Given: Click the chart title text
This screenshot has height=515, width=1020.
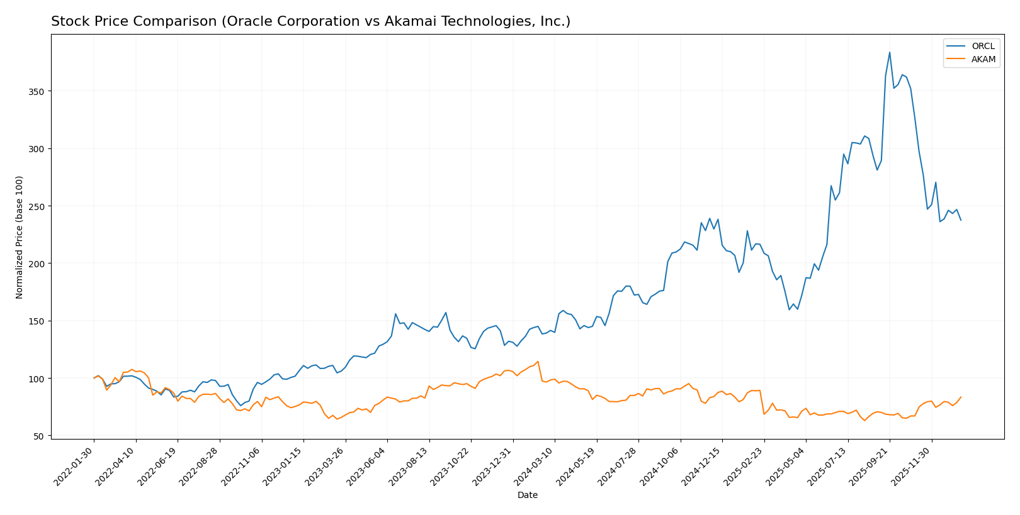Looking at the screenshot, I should point(310,21).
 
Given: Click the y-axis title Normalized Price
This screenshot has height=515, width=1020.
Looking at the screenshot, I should point(20,237).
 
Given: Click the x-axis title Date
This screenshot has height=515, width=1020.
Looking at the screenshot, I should point(527,496).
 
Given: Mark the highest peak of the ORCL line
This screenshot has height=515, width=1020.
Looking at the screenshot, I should point(889,52).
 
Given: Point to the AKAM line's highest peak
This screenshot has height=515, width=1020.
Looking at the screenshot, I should point(538,362).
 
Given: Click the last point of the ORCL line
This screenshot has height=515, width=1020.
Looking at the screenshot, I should point(961,220).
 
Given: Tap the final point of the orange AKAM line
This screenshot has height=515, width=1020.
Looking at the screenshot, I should point(961,397).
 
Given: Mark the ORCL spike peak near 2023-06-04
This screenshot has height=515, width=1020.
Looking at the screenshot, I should point(395,314).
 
